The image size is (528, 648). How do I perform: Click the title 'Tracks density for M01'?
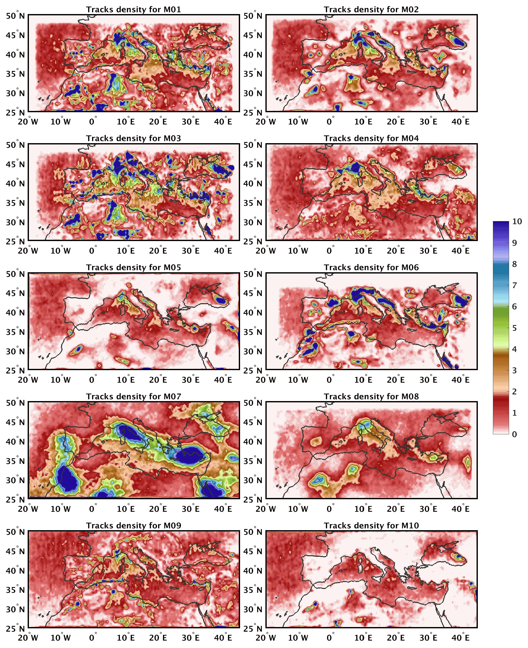click(x=133, y=9)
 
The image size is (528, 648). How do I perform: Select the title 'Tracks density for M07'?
click(x=133, y=396)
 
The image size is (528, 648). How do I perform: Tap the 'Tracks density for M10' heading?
click(x=371, y=525)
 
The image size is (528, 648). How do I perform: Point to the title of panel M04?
click(x=371, y=138)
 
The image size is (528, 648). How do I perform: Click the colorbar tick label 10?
click(x=517, y=221)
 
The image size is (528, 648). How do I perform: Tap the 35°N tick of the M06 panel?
click(x=253, y=332)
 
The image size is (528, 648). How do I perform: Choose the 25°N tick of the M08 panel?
click(x=253, y=499)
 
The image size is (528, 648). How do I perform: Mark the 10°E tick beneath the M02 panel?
click(x=363, y=122)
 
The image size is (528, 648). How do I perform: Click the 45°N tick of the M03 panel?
click(x=15, y=164)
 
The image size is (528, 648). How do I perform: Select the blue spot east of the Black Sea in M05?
click(x=221, y=300)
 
